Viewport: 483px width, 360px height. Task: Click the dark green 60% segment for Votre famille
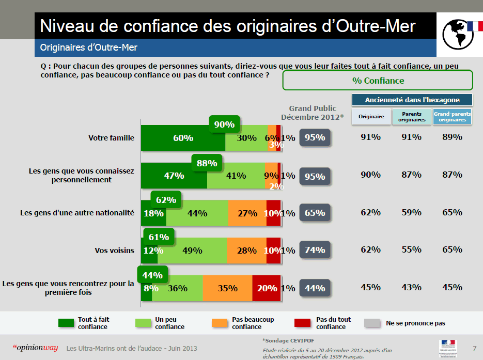[183, 138]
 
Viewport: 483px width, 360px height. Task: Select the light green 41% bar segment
[236, 176]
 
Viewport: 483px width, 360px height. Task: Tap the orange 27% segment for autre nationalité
[247, 213]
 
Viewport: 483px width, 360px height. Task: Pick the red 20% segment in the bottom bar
[267, 288]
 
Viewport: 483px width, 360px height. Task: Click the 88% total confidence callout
[207, 163]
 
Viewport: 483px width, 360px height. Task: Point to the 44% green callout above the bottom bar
[152, 275]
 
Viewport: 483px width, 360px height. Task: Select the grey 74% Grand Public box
[315, 250]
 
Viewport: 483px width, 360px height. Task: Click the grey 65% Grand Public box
[315, 213]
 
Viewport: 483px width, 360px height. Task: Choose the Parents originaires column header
[411, 117]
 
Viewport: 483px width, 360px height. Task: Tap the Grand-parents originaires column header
[452, 117]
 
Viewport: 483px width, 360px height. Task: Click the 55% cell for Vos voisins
[411, 249]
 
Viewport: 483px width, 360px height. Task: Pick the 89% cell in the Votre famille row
[452, 137]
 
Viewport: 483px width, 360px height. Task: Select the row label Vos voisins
[115, 251]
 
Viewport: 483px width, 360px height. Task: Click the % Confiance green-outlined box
[378, 81]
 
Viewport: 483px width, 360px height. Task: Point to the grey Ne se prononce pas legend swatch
[372, 323]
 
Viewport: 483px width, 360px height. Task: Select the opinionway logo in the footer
[35, 348]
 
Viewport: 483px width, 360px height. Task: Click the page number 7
[474, 348]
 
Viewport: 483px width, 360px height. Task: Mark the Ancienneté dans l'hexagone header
[412, 100]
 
